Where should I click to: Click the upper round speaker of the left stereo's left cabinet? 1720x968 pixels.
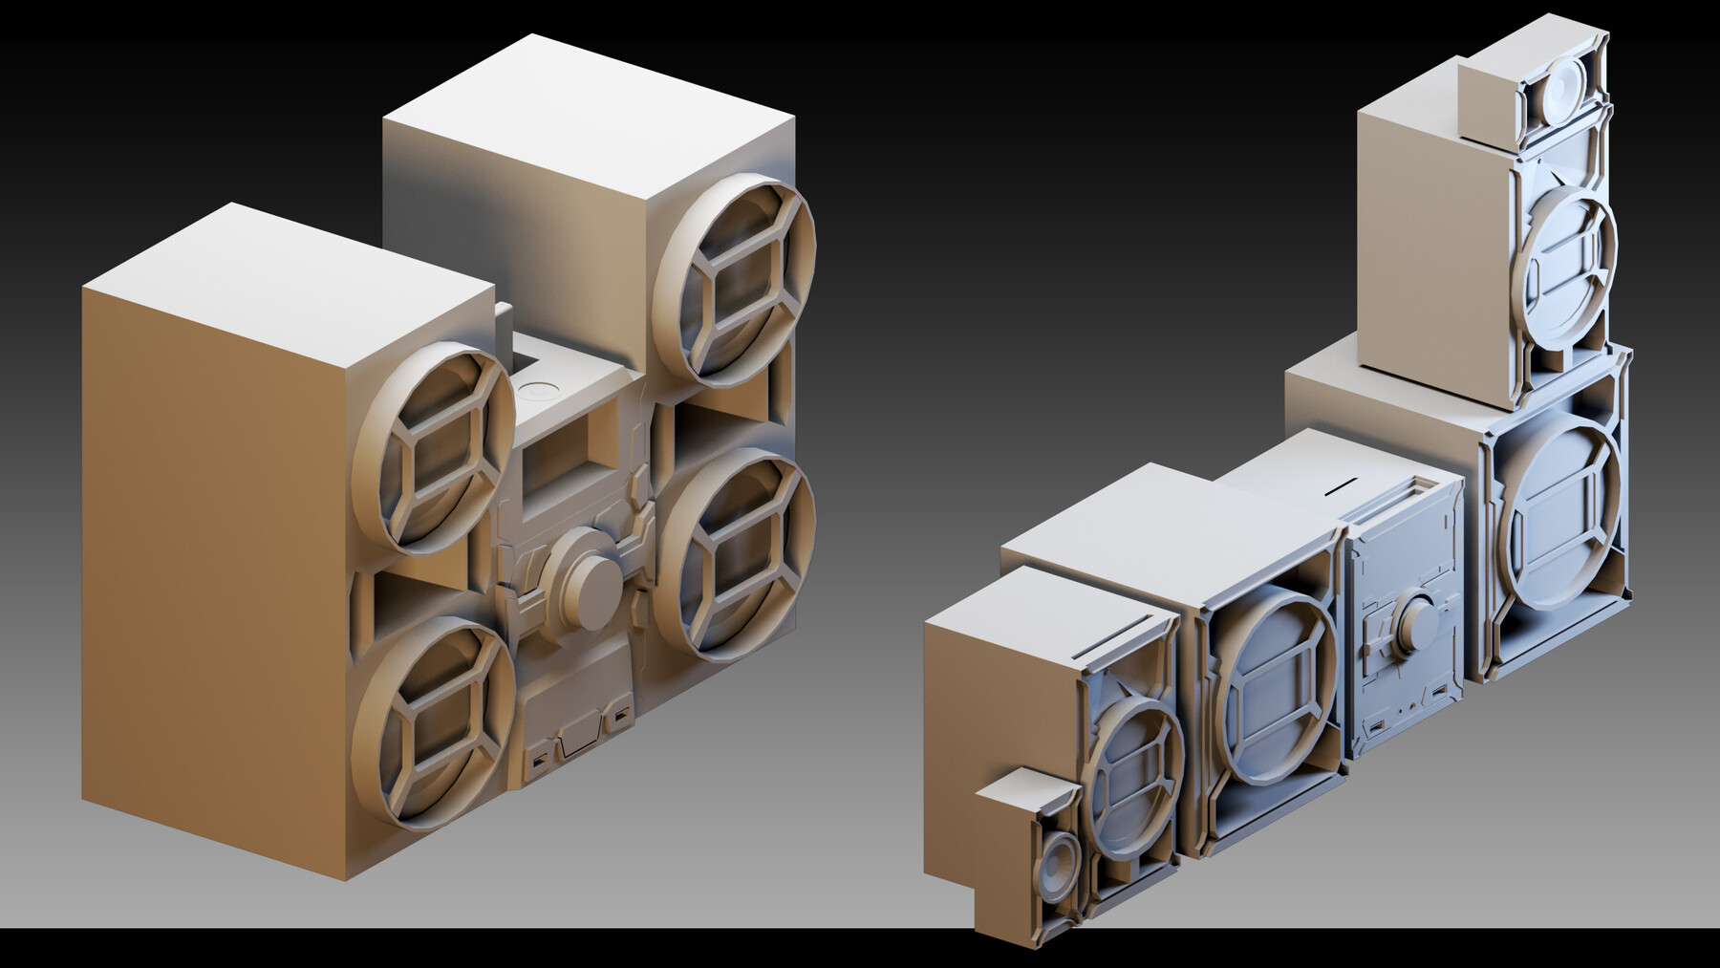436,445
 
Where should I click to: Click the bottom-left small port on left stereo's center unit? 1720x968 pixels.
539,762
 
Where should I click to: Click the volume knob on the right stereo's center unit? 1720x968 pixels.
1415,613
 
